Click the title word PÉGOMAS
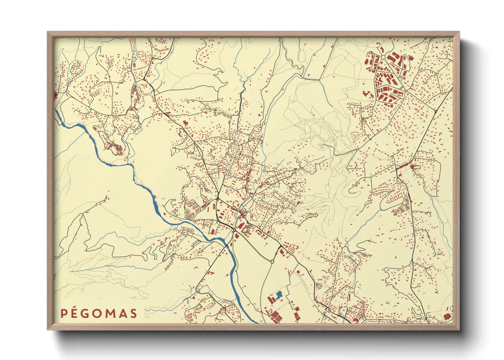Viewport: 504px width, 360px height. point(99,313)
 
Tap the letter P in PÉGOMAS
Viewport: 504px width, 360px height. point(63,313)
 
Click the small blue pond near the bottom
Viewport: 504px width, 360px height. point(279,295)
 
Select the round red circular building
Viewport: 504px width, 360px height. point(298,272)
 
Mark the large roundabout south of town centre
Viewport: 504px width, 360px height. point(272,262)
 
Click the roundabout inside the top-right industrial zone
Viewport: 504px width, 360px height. point(383,58)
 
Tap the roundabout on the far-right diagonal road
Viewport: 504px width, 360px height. point(436,111)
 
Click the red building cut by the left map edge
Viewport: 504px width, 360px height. point(56,95)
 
